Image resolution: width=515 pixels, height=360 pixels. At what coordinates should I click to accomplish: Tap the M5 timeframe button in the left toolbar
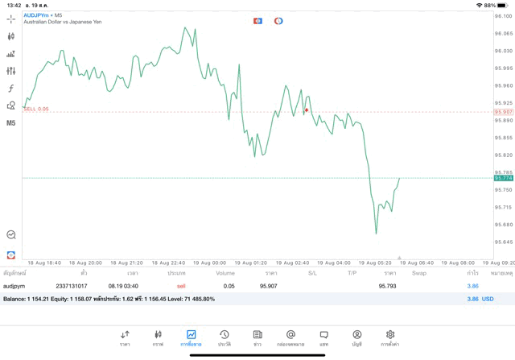point(11,123)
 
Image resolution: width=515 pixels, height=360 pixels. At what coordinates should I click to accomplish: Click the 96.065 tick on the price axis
point(504,33)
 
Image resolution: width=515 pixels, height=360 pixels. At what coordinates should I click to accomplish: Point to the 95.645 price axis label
point(504,242)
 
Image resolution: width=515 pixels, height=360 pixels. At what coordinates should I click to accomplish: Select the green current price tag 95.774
point(504,178)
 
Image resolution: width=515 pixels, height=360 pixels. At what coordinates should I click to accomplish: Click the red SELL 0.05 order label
point(36,109)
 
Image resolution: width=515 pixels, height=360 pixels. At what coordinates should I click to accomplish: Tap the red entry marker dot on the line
point(307,110)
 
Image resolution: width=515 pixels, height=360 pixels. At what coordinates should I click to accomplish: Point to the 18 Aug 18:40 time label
point(43,263)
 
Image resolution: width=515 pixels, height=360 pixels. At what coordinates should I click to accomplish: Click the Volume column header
point(225,273)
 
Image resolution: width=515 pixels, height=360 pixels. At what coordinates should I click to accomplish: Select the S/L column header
point(312,273)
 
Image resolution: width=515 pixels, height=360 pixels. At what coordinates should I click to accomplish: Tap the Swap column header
point(418,273)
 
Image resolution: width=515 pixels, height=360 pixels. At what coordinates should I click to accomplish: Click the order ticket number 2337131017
point(72,286)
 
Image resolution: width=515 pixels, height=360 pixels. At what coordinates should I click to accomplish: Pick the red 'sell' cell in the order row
point(181,286)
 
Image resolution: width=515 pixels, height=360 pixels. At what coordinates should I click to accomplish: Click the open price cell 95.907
point(269,286)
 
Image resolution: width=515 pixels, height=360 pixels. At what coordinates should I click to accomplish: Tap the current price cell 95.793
point(387,286)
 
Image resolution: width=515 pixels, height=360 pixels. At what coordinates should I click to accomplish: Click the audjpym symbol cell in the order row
point(14,286)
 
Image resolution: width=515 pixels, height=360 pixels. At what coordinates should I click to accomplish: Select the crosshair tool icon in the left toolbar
point(11,19)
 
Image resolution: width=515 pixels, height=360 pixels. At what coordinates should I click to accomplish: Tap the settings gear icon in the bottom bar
point(390,337)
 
